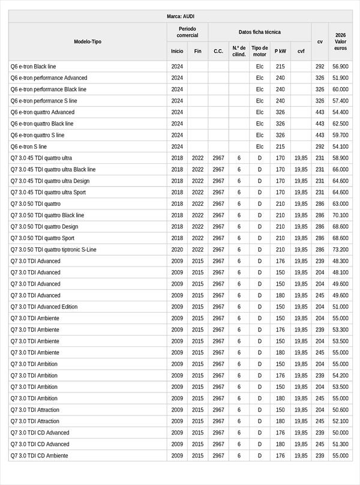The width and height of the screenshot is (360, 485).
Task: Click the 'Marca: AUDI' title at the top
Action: (180, 16)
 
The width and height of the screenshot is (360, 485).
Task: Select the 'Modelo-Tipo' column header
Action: (88, 41)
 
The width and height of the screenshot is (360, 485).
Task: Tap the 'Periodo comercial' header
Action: (187, 32)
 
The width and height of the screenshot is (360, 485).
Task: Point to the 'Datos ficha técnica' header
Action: (259, 32)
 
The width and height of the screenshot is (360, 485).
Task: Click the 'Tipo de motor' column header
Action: (260, 51)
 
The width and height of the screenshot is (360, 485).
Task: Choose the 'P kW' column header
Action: (280, 51)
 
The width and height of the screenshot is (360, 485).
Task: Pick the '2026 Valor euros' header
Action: (340, 41)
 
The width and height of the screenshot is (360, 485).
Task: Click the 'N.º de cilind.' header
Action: (239, 51)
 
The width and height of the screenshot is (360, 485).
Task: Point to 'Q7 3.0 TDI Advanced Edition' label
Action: (44, 307)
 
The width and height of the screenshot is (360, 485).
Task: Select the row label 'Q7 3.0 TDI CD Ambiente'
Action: (40, 456)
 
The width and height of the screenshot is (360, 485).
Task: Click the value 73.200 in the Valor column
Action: (340, 250)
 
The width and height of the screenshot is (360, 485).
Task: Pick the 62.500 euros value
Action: (340, 124)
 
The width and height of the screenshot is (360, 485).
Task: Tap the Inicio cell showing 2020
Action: (177, 250)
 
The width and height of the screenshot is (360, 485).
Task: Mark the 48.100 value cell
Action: (340, 273)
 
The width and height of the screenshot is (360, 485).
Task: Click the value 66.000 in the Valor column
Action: (340, 169)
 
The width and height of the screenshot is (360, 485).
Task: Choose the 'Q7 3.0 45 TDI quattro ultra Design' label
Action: (50, 181)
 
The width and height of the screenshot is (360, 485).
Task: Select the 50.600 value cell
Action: (340, 409)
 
